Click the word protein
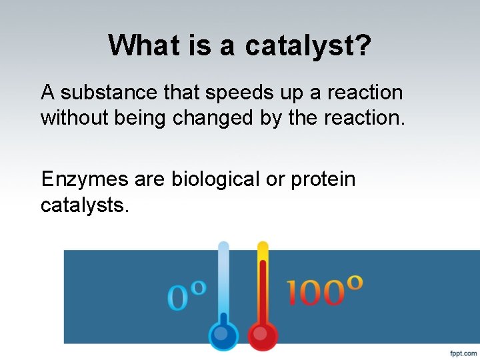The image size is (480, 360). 323,179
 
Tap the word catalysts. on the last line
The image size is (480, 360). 85,205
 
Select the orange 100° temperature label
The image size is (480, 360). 325,291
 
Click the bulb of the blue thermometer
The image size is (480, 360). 223,333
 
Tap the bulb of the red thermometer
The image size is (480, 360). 263,333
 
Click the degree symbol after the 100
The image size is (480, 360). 355,282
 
